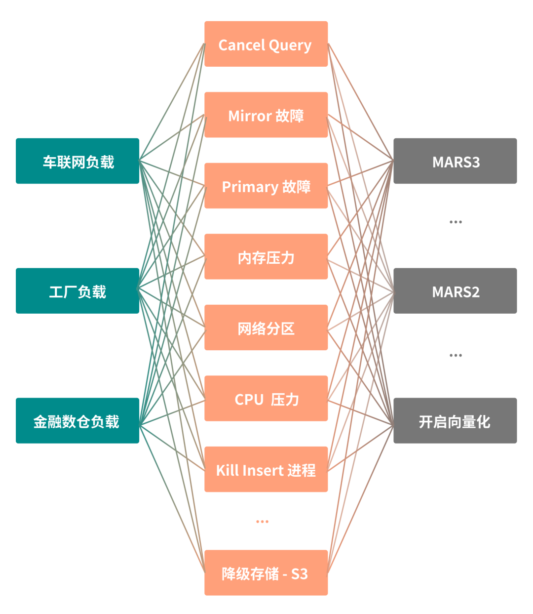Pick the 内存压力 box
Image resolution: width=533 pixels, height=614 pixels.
(x=266, y=257)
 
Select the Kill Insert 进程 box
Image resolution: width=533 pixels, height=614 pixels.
(x=266, y=469)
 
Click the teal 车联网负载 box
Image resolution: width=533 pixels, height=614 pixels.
(x=77, y=161)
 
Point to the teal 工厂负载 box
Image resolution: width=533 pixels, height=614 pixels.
(x=77, y=291)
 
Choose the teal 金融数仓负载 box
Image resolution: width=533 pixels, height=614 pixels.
(x=77, y=421)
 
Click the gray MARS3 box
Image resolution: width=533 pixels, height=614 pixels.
(x=455, y=161)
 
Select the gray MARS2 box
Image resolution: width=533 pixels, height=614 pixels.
(x=455, y=291)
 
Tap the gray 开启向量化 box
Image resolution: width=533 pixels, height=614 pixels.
(x=455, y=421)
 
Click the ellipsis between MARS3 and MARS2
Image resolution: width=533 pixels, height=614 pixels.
(x=456, y=222)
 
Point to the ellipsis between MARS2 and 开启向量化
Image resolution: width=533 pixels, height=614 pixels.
(x=456, y=355)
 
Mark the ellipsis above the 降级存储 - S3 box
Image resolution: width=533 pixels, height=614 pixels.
(x=263, y=522)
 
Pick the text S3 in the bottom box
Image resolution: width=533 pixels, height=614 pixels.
(x=300, y=574)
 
